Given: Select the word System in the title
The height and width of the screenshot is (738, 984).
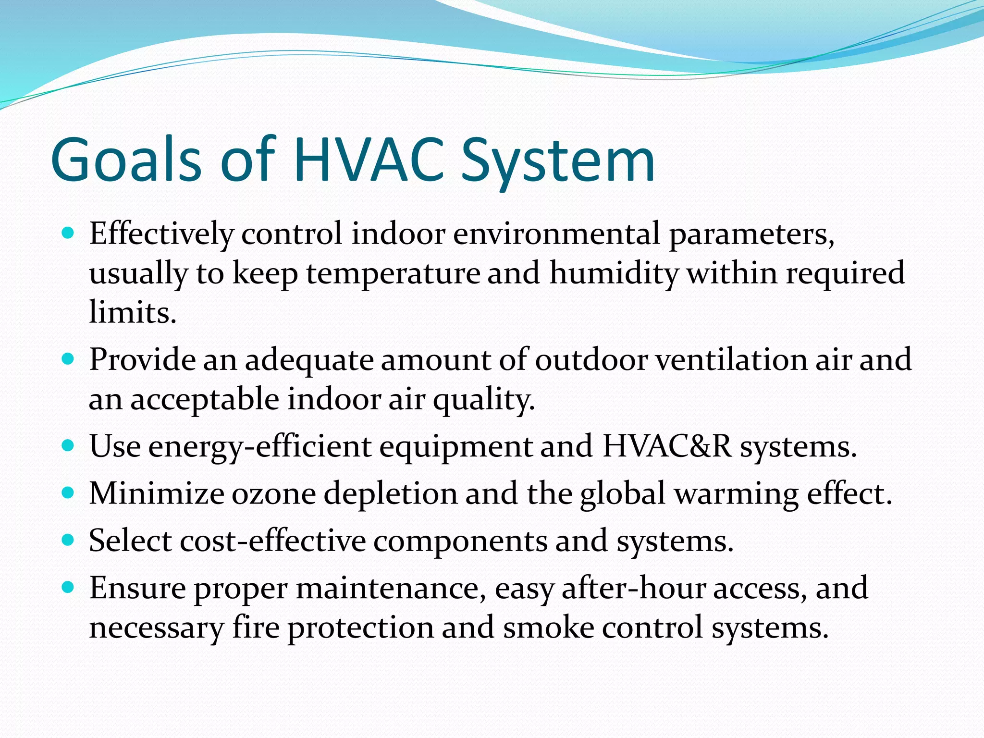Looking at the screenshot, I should point(558,161).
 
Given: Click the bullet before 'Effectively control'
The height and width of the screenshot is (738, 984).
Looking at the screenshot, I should point(69,234).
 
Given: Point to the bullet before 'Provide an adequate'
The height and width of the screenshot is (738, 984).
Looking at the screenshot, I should point(69,359).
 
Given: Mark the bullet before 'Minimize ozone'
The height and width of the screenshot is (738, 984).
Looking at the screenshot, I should point(69,493).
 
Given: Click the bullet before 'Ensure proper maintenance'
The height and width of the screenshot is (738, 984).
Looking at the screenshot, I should point(69,587).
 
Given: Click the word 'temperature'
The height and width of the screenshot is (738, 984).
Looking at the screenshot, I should point(393,274).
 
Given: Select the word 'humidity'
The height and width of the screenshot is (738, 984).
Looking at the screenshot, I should point(614,274).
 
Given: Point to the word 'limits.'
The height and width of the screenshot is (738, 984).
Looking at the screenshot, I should point(133,312).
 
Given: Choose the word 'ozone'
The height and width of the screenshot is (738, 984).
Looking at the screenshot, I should point(273,494).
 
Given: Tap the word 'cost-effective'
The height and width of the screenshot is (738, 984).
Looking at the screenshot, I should point(273,541).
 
